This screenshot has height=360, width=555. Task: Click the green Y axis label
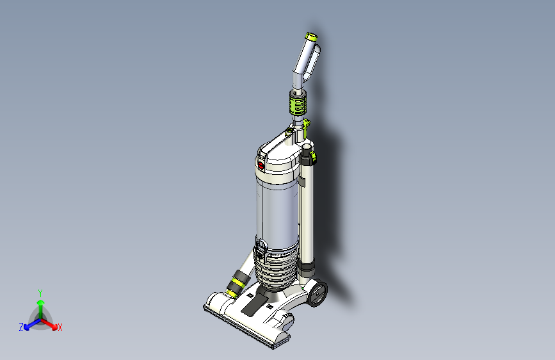pyautogui.click(x=40, y=293)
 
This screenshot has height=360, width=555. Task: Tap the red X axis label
pyautogui.click(x=60, y=328)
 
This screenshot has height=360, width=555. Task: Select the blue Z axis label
pyautogui.click(x=21, y=327)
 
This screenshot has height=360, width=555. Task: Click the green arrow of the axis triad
pyautogui.click(x=40, y=304)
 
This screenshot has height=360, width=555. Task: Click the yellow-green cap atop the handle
pyautogui.click(x=312, y=37)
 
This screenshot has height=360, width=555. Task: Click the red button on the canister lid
pyautogui.click(x=261, y=165)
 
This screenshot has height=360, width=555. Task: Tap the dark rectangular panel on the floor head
pyautogui.click(x=254, y=302)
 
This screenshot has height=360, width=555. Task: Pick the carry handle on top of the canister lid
pyautogui.click(x=282, y=144)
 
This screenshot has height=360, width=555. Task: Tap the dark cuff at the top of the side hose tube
pyautogui.click(x=308, y=154)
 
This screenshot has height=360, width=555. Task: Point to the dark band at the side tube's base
pyautogui.click(x=307, y=265)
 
